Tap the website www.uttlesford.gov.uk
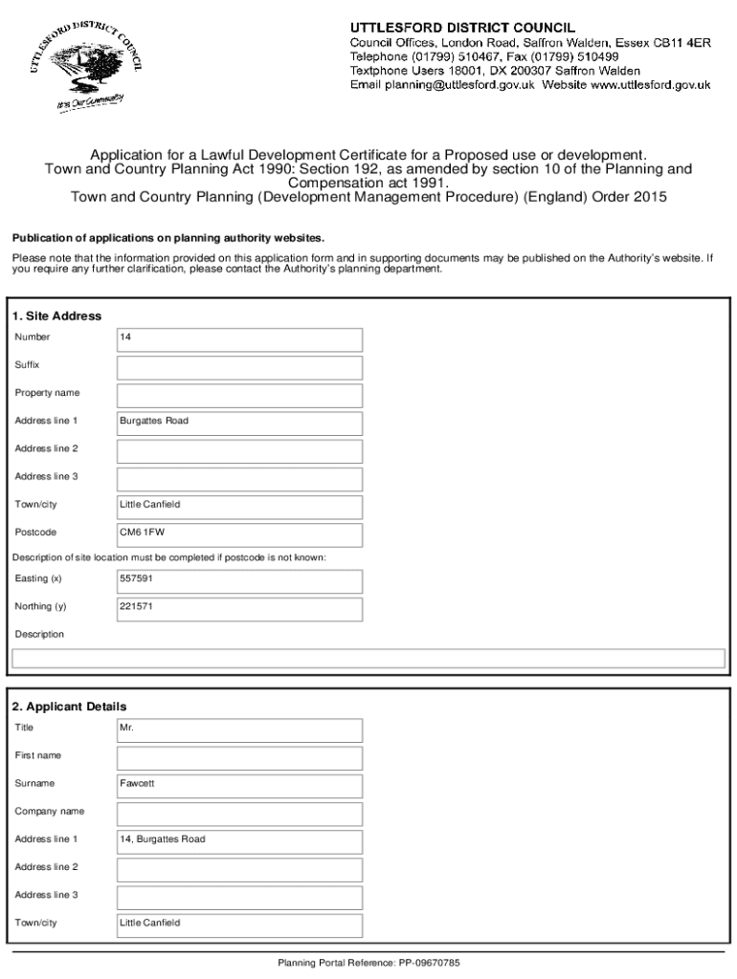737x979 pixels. [650, 85]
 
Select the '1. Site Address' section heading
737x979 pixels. [56, 315]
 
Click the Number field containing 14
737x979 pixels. [239, 339]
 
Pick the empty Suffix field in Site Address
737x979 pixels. [239, 367]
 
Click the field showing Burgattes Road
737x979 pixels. [239, 423]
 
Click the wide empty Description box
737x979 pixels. [368, 658]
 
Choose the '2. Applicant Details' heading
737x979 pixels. [69, 707]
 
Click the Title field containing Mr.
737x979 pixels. [239, 729]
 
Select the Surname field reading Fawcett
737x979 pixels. [239, 785]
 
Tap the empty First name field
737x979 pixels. [239, 757]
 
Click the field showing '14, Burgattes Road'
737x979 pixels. [239, 840]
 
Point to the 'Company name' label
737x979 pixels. [49, 812]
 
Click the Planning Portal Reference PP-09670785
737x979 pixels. [368, 963]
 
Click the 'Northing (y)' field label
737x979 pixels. [40, 607]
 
